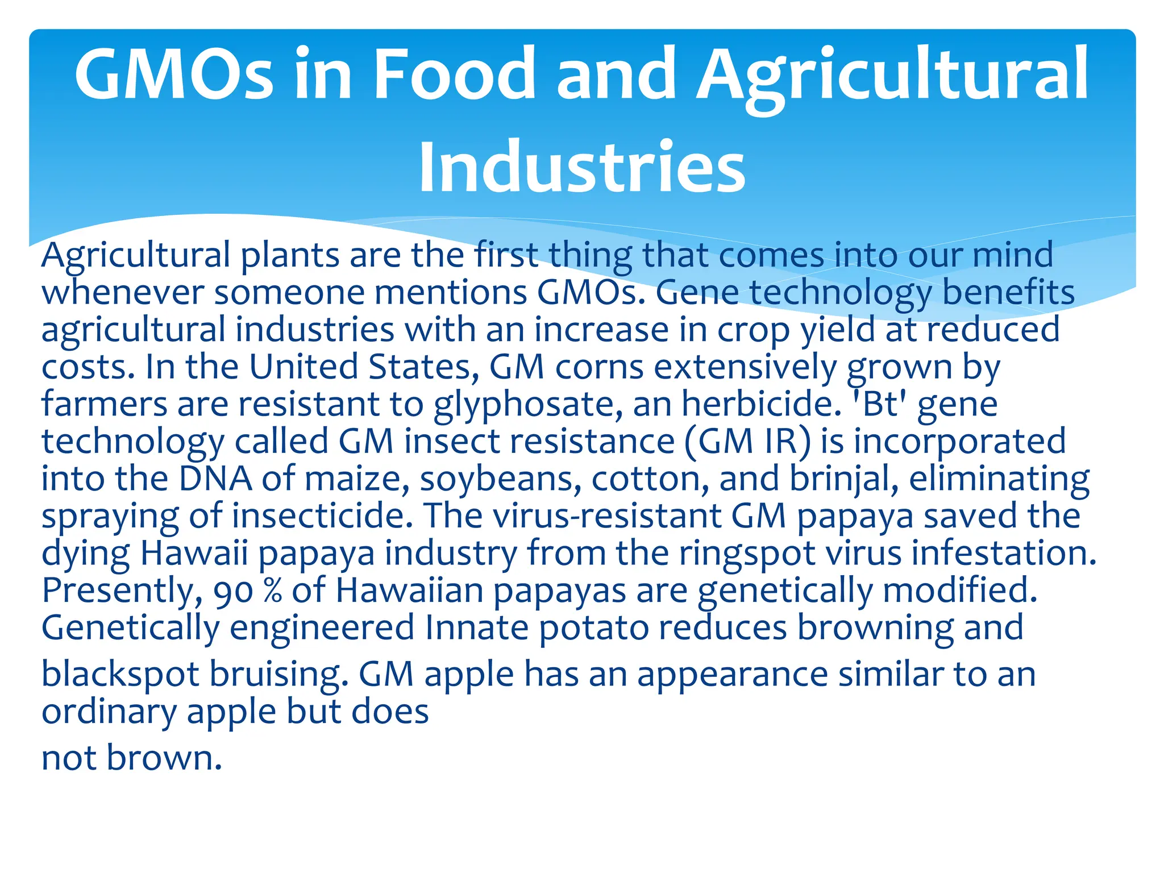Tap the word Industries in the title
coord(581,167)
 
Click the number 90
coord(233,591)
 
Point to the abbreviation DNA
coord(215,479)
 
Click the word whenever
coord(122,293)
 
